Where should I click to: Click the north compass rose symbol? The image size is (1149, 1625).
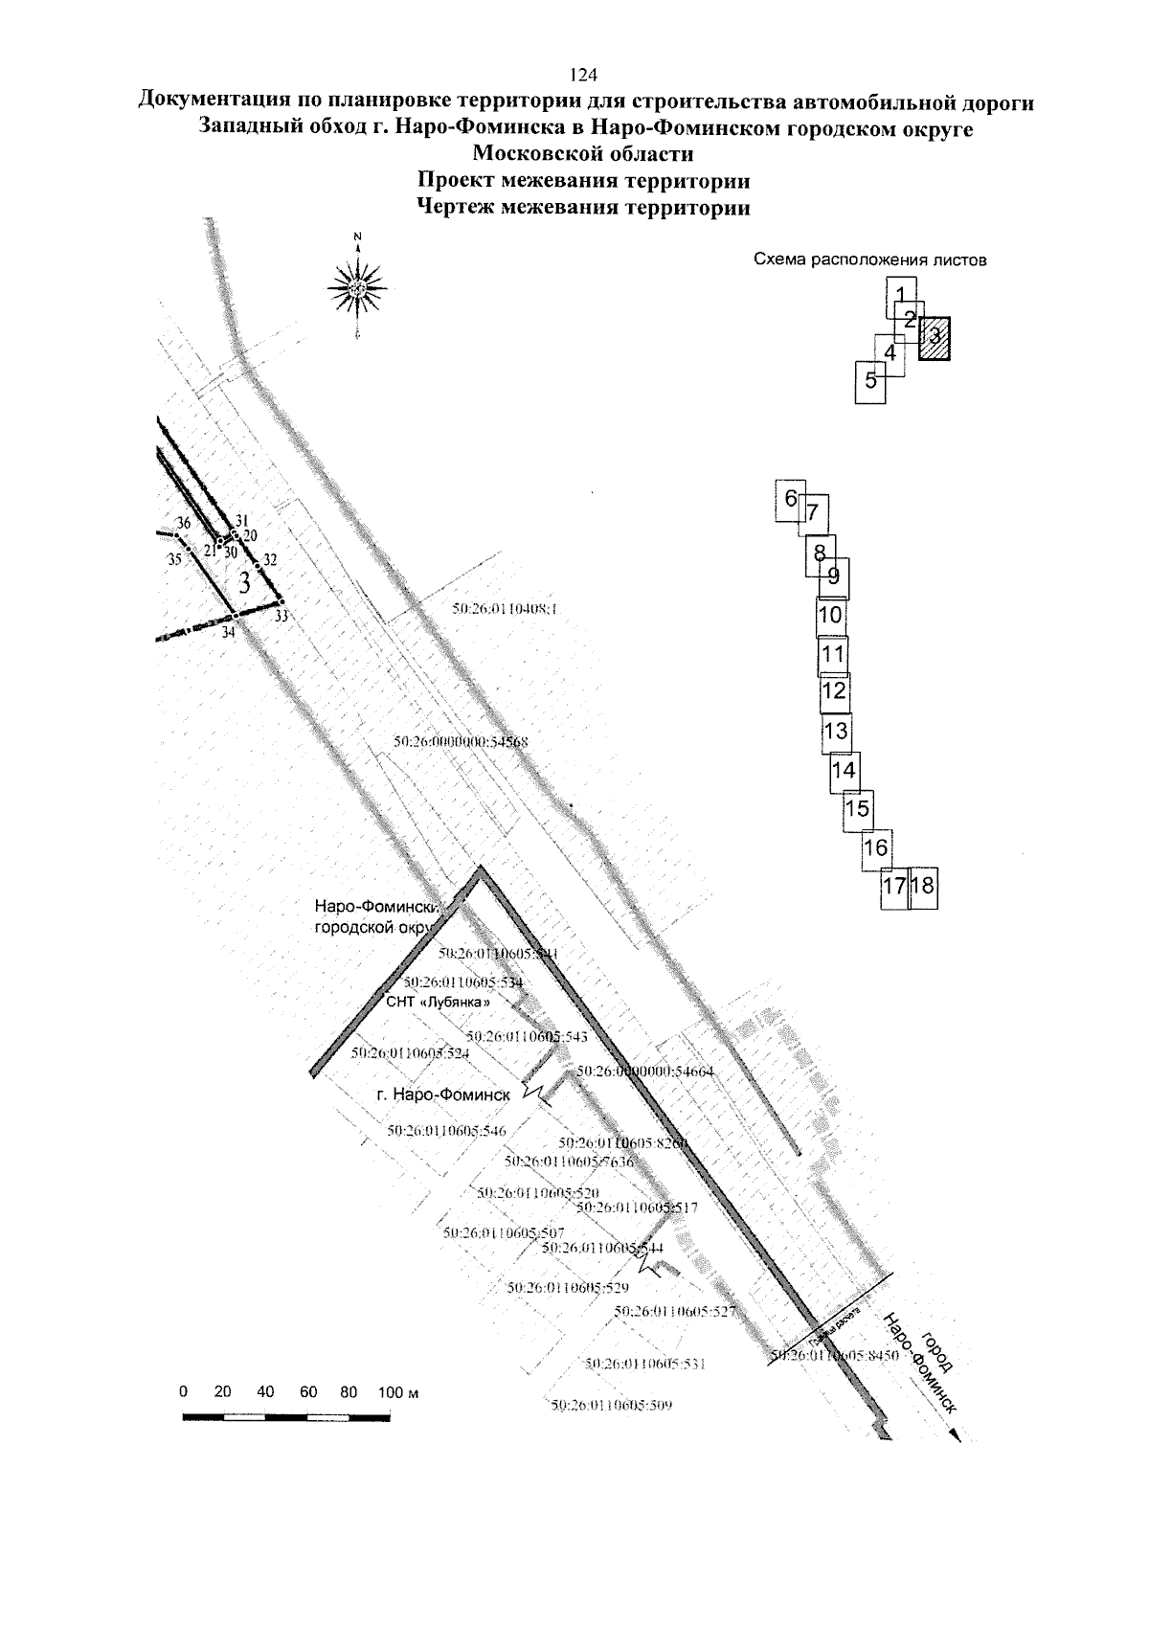pyautogui.click(x=356, y=286)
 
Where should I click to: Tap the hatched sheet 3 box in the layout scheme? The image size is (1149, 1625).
pyautogui.click(x=935, y=338)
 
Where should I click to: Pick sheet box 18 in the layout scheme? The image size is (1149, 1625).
pyautogui.click(x=924, y=887)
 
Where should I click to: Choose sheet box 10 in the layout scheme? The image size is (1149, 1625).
pyautogui.click(x=831, y=616)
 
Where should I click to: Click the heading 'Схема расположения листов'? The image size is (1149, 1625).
pyautogui.click(x=869, y=260)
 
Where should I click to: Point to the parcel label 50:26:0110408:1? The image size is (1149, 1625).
pyautogui.click(x=504, y=607)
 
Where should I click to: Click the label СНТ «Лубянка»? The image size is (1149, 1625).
pyautogui.click(x=443, y=1002)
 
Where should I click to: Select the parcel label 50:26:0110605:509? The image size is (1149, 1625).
pyautogui.click(x=613, y=1406)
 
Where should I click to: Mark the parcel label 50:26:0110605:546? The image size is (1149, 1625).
pyautogui.click(x=446, y=1131)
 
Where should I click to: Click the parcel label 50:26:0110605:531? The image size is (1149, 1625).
pyautogui.click(x=644, y=1364)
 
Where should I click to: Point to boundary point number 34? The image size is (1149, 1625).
pyautogui.click(x=228, y=632)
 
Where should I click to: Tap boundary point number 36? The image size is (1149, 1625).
pyautogui.click(x=184, y=524)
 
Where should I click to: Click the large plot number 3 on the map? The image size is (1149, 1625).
pyautogui.click(x=245, y=581)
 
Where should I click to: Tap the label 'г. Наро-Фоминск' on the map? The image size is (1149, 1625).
pyautogui.click(x=445, y=1094)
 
